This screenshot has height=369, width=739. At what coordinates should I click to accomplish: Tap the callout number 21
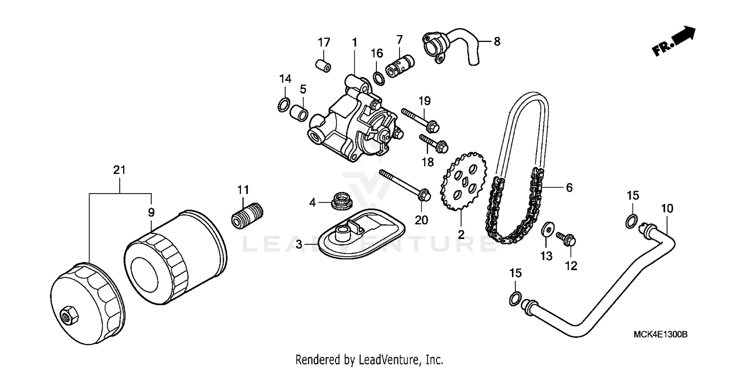[119, 170]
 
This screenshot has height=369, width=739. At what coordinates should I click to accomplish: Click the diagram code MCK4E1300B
[660, 335]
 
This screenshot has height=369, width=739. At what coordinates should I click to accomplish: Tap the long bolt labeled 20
[403, 185]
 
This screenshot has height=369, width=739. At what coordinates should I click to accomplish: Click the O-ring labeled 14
[284, 104]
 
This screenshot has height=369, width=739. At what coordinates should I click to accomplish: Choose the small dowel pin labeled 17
[323, 65]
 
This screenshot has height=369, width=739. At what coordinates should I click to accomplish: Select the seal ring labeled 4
[339, 201]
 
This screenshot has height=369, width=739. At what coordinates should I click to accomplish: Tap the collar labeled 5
[300, 113]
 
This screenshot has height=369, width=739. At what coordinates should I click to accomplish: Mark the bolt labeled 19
[419, 119]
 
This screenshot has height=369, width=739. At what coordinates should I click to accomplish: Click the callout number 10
[667, 209]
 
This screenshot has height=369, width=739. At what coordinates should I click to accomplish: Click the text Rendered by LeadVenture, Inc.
[369, 359]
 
